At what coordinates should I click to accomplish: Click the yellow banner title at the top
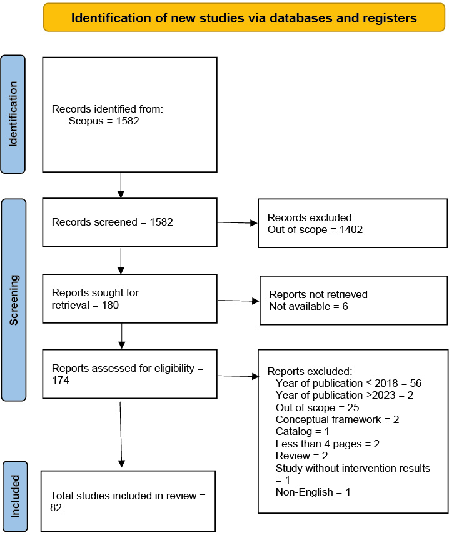(x=244, y=17)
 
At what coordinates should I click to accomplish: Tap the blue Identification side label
(x=13, y=114)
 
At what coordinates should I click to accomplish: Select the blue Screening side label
(x=14, y=300)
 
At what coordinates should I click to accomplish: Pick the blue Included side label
(x=15, y=496)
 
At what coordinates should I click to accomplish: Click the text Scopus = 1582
(x=104, y=121)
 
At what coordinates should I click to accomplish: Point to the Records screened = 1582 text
(x=113, y=222)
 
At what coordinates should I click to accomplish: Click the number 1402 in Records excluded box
(x=351, y=229)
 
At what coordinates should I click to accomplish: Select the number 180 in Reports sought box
(x=110, y=305)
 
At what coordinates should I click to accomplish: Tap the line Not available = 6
(x=308, y=306)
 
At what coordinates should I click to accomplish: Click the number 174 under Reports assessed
(x=61, y=380)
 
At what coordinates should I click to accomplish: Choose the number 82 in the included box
(x=56, y=507)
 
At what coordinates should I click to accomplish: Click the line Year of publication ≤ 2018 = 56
(x=348, y=383)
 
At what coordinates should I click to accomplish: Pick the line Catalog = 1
(x=303, y=432)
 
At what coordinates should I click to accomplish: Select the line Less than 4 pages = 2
(x=328, y=444)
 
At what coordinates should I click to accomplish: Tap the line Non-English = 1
(x=313, y=492)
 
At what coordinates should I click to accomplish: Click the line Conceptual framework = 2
(x=337, y=419)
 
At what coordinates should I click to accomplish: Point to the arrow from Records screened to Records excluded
(x=237, y=222)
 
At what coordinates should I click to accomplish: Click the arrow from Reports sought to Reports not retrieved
(x=238, y=301)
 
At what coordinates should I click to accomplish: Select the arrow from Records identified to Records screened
(x=121, y=185)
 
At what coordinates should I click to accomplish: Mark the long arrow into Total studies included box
(x=121, y=435)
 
